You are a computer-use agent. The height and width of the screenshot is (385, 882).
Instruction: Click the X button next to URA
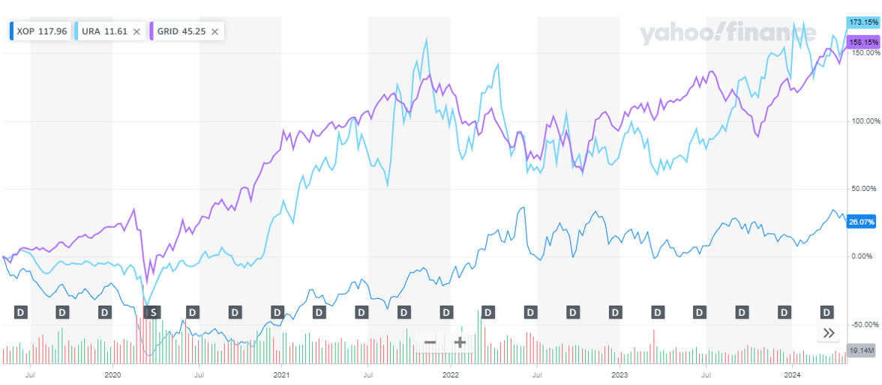coord(136,31)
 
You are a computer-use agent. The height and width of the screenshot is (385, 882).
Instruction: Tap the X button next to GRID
coord(215,31)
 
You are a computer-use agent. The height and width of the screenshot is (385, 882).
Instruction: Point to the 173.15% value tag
coord(863,22)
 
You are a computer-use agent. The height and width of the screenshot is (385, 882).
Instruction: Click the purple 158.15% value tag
coord(863,43)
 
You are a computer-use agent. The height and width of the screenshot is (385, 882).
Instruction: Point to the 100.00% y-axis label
coord(864,121)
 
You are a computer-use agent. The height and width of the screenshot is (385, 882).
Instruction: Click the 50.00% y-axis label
coord(864,188)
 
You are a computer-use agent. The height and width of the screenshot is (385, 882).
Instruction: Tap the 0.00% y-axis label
coord(864,256)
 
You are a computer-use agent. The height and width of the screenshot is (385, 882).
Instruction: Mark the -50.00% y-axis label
coord(864,324)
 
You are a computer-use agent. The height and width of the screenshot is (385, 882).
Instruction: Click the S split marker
coord(152,312)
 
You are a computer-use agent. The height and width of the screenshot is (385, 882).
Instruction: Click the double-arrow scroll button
coord(829,333)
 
